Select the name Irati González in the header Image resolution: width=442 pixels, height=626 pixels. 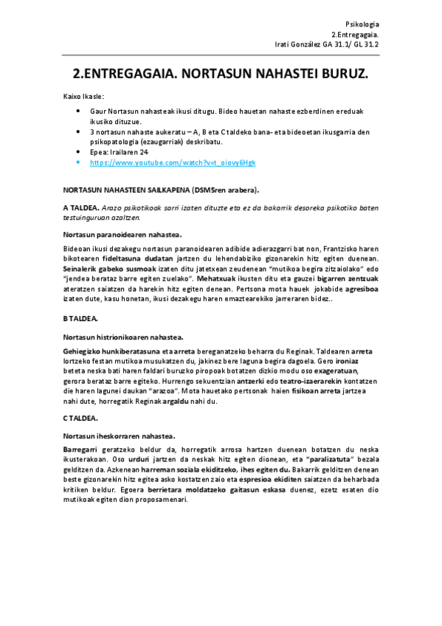(297, 44)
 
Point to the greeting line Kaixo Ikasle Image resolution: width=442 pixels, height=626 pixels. (83, 97)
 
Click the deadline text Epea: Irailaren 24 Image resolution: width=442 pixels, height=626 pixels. (120, 152)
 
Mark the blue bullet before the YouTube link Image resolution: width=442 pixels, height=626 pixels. (79, 162)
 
